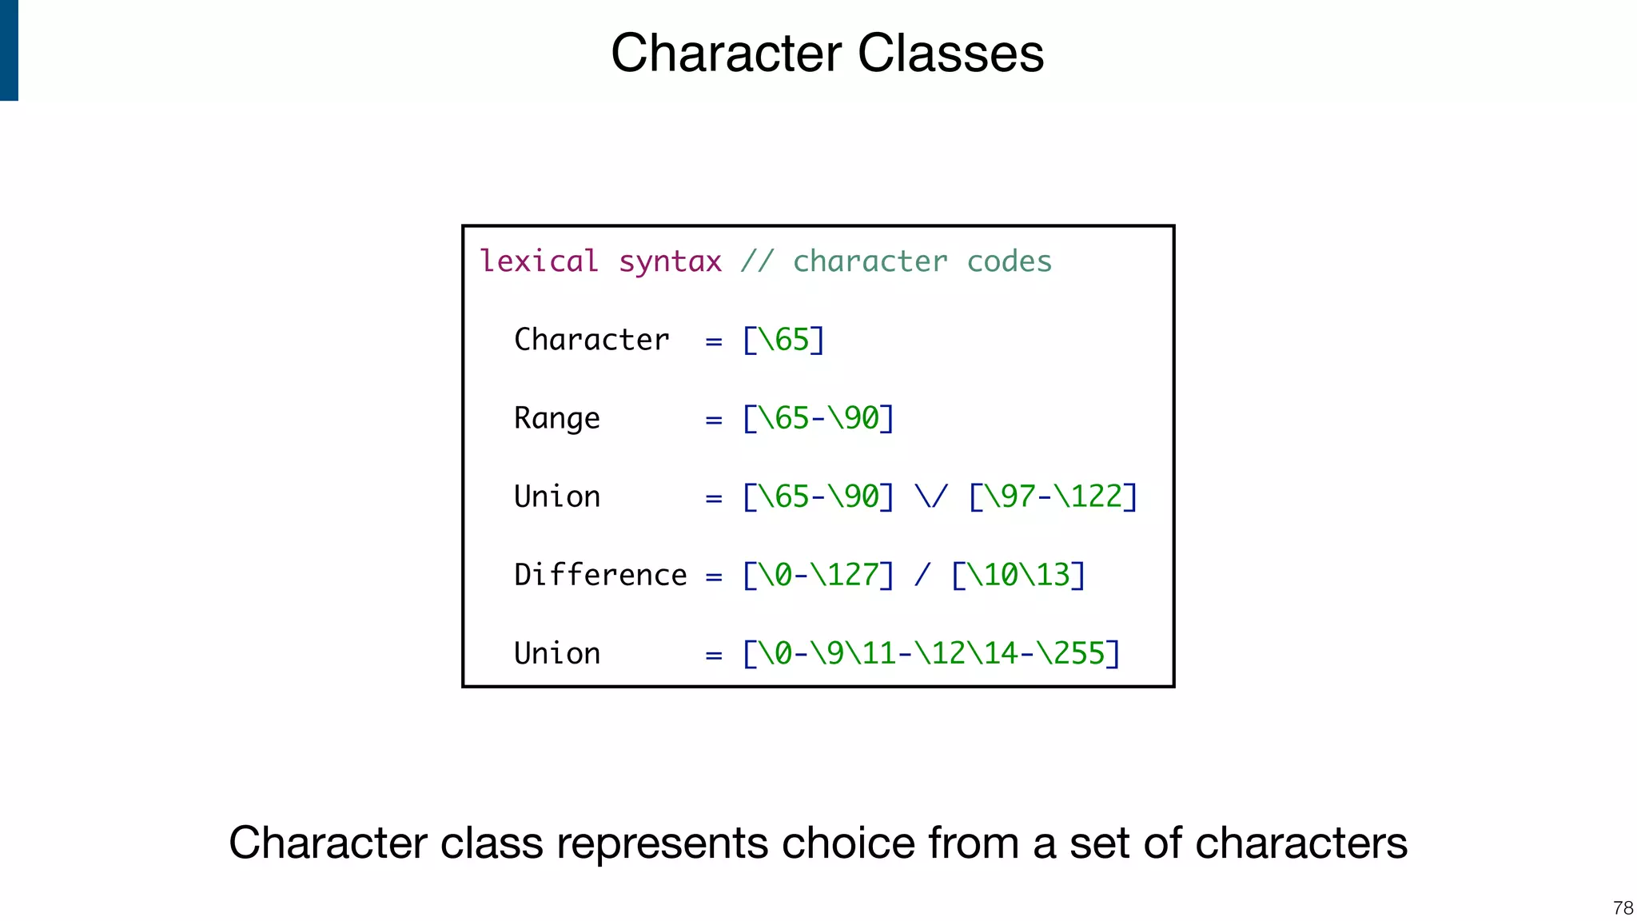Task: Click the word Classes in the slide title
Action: click(x=950, y=54)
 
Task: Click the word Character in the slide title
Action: click(x=726, y=54)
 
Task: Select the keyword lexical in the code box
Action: click(x=539, y=261)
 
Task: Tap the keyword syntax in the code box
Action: click(x=670, y=261)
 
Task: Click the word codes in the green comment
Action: click(x=1009, y=261)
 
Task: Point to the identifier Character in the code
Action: click(x=591, y=340)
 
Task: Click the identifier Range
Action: click(x=556, y=418)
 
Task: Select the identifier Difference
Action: click(x=600, y=575)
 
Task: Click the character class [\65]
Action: click(x=783, y=340)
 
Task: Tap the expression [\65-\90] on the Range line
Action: click(x=818, y=418)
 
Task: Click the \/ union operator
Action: click(x=931, y=496)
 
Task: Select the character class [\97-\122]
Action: click(x=1052, y=496)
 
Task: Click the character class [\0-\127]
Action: click(x=818, y=575)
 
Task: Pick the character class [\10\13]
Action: click(x=1018, y=575)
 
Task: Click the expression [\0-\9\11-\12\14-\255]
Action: click(x=931, y=653)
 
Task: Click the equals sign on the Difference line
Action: click(x=714, y=576)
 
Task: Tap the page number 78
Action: click(x=1623, y=908)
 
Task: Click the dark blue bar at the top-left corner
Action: click(x=9, y=50)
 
